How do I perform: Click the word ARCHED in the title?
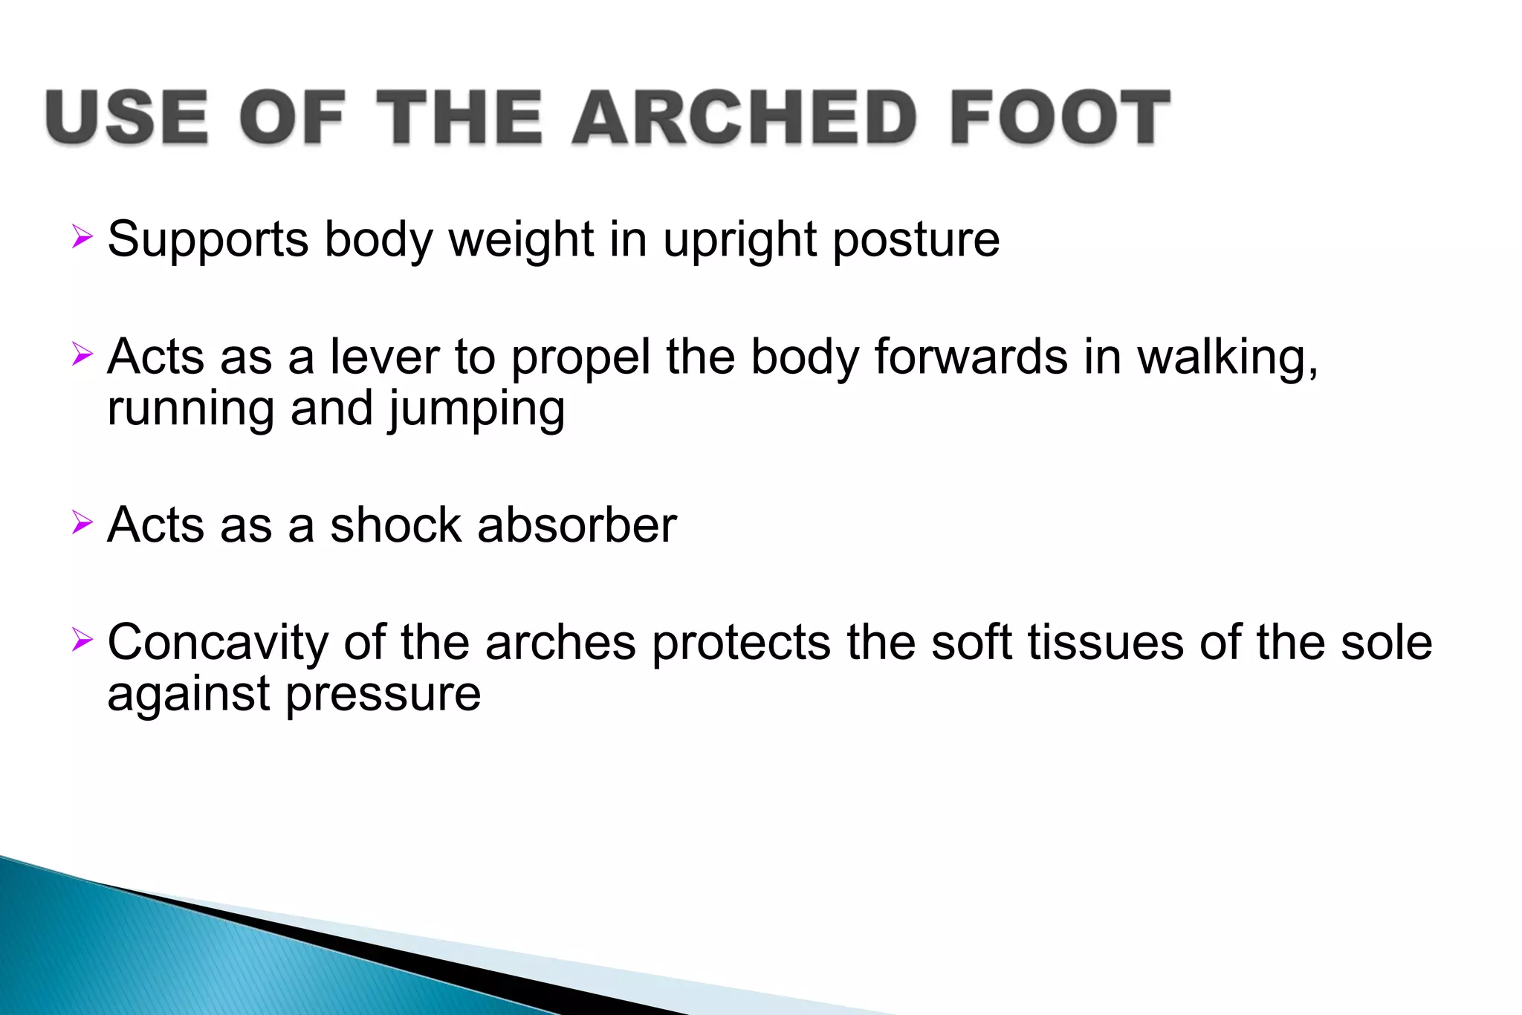click(x=744, y=117)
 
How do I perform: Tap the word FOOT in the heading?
click(x=1060, y=117)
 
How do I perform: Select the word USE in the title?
click(x=127, y=117)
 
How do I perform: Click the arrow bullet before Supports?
click(x=82, y=238)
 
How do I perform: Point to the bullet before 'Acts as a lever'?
click(x=82, y=354)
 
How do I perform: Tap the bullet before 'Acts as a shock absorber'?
click(x=82, y=522)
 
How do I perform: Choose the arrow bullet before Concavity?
click(x=82, y=640)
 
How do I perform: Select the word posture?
click(x=916, y=239)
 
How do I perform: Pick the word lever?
click(x=384, y=357)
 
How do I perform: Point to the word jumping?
click(x=476, y=410)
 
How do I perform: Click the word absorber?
click(x=577, y=525)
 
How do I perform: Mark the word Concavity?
click(x=218, y=642)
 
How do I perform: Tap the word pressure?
click(x=383, y=695)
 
